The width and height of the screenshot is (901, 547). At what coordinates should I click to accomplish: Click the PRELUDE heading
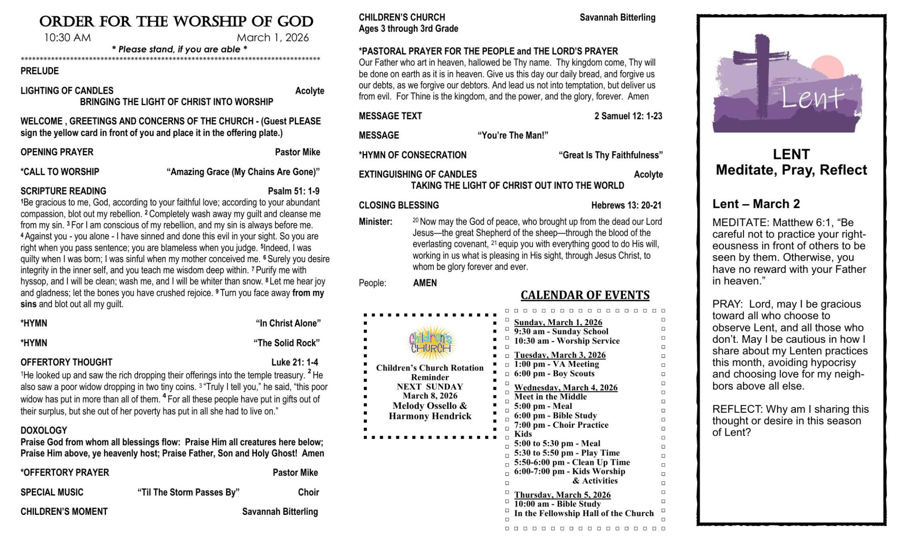pyautogui.click(x=40, y=71)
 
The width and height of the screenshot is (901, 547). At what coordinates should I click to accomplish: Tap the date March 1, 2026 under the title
pyautogui.click(x=272, y=38)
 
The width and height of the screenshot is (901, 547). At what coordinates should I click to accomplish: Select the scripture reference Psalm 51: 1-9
pyautogui.click(x=293, y=191)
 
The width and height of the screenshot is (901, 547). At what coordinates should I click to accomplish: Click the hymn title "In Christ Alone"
pyautogui.click(x=288, y=323)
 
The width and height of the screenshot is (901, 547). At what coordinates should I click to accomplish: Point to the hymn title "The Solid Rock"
pyautogui.click(x=286, y=343)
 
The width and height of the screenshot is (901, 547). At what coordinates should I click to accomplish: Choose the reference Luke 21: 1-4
pyautogui.click(x=294, y=362)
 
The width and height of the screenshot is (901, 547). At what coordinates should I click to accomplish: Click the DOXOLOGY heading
pyautogui.click(x=44, y=430)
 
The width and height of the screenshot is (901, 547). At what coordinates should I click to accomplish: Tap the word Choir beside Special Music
pyautogui.click(x=308, y=492)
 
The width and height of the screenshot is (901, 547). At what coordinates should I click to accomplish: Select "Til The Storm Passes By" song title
pyautogui.click(x=188, y=492)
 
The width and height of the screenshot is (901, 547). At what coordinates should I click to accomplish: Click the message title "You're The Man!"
pyautogui.click(x=513, y=136)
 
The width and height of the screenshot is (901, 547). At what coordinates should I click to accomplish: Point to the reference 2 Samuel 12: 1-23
pyautogui.click(x=628, y=116)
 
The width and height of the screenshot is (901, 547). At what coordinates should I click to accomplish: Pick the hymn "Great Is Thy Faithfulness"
pyautogui.click(x=610, y=155)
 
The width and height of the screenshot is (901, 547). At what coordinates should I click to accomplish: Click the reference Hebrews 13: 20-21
pyautogui.click(x=626, y=205)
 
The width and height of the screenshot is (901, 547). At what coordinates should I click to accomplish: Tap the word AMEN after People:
pyautogui.click(x=425, y=283)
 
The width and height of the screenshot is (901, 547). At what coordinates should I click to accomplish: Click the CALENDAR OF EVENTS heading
pyautogui.click(x=585, y=295)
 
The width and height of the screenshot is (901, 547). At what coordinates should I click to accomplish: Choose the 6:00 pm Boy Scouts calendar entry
pyautogui.click(x=554, y=374)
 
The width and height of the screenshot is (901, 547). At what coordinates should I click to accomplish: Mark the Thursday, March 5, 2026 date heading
pyautogui.click(x=562, y=495)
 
